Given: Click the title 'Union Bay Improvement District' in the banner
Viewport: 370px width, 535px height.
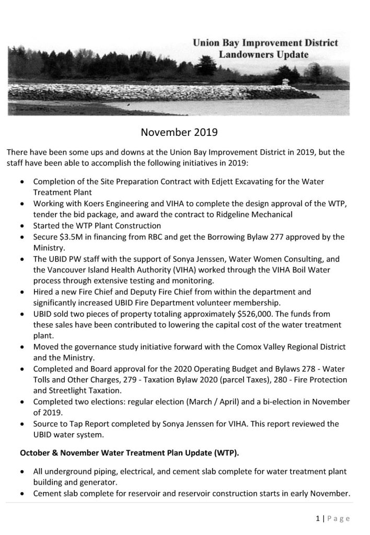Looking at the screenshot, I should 265,43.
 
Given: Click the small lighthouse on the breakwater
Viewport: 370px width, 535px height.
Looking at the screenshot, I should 285,83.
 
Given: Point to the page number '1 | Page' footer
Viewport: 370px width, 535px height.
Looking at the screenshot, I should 332,519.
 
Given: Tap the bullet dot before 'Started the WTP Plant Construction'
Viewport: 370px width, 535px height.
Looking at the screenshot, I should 21,226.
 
